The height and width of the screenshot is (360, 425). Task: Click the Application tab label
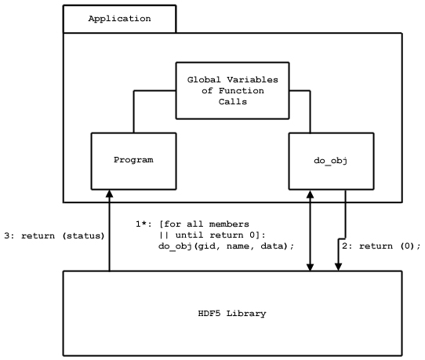pos(119,19)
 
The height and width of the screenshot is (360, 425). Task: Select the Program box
pos(133,161)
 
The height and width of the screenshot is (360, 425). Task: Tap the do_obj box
pos(331,161)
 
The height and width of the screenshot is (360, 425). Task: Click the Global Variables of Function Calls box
pos(233,90)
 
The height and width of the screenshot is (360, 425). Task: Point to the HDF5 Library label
pos(232,314)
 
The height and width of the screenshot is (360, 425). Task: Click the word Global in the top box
pos(204,80)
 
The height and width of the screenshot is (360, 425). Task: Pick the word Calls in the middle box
pos(233,102)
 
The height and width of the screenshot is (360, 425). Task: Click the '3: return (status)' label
pos(54,236)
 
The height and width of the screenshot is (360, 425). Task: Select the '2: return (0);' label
pos(381,246)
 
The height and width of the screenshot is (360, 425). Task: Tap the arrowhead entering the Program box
pos(109,193)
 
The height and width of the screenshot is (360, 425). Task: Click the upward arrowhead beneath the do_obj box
pos(310,194)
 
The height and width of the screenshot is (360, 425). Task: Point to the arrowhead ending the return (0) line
pos(338,267)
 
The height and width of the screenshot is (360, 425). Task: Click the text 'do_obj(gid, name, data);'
pos(226,246)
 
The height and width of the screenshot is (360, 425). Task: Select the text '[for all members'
pos(204,224)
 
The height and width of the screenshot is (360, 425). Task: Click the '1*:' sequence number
pos(143,224)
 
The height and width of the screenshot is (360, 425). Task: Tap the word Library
pos(246,314)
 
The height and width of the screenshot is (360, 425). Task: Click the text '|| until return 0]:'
pos(212,235)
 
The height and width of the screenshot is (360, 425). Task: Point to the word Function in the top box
pos(242,90)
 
